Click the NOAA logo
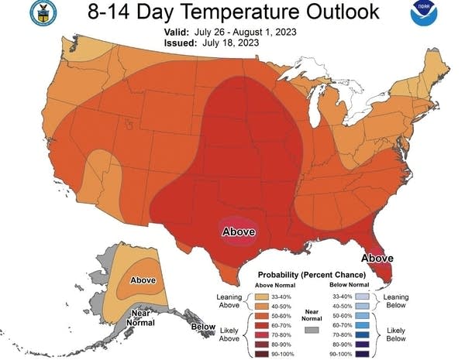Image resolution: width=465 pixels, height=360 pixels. [x=443, y=14]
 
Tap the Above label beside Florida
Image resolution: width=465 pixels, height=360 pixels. [x=377, y=258]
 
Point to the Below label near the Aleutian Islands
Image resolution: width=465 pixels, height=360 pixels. [x=203, y=327]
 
